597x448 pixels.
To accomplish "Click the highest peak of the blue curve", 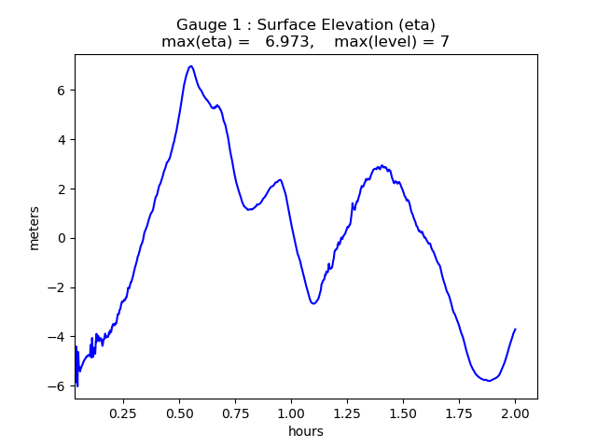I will (x=191, y=66).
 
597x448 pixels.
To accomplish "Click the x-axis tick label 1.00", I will (x=291, y=413).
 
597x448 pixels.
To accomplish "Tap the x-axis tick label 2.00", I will (x=515, y=413).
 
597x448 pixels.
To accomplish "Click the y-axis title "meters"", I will (x=35, y=227).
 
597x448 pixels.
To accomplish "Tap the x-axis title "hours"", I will (x=306, y=431).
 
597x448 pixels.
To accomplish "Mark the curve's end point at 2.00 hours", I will (x=515, y=329).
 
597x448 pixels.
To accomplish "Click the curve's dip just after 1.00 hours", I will (x=313, y=303).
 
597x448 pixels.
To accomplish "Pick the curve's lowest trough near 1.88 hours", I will (x=488, y=381).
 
